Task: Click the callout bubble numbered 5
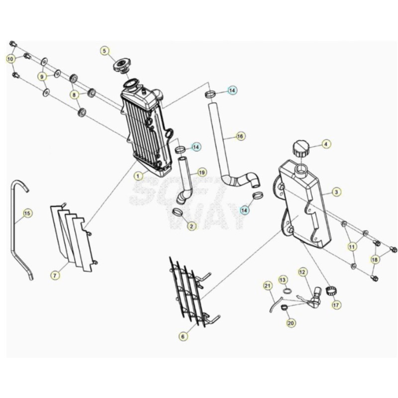(104, 51)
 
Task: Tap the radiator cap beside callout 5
(121, 65)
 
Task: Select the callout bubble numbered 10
(10, 59)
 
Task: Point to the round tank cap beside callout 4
(301, 149)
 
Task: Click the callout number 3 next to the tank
(336, 192)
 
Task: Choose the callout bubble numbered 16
(240, 136)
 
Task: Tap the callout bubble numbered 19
(201, 173)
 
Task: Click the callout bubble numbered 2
(192, 226)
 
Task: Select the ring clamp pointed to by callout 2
(178, 211)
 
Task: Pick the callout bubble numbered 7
(55, 275)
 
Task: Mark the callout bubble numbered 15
(27, 213)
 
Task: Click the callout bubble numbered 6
(183, 337)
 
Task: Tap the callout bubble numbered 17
(336, 304)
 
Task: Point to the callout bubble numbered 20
(291, 323)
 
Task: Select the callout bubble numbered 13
(283, 280)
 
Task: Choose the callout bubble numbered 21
(267, 286)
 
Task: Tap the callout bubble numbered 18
(375, 260)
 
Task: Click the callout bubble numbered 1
(138, 176)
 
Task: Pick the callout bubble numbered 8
(74, 95)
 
